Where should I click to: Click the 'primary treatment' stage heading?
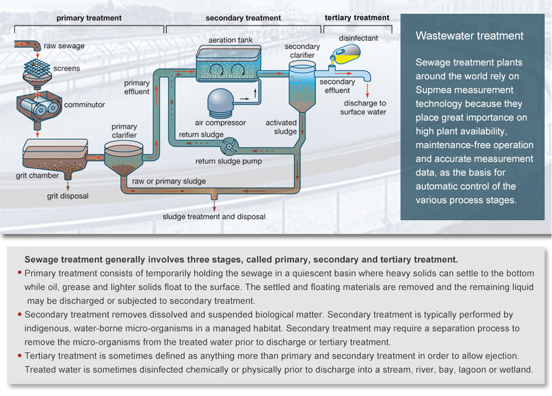pyautogui.click(x=89, y=18)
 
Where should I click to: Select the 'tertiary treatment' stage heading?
pyautogui.click(x=357, y=17)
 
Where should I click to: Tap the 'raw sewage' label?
pyautogui.click(x=64, y=46)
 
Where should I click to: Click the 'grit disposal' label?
pyautogui.click(x=68, y=196)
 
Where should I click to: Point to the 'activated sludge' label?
pyautogui.click(x=281, y=127)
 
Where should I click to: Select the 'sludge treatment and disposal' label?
pyautogui.click(x=214, y=216)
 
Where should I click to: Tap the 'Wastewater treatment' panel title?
pyautogui.click(x=469, y=36)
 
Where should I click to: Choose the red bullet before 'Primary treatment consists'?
pyautogui.click(x=20, y=273)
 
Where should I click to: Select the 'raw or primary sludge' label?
pyautogui.click(x=169, y=181)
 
